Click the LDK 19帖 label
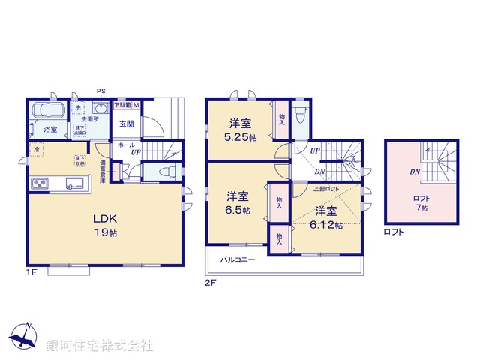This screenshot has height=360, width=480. click(x=105, y=226)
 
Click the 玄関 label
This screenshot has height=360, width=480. click(x=126, y=124)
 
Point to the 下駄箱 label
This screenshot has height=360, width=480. click(x=122, y=104)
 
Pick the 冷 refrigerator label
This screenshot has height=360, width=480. click(x=36, y=150)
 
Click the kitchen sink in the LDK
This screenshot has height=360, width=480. click(x=76, y=183)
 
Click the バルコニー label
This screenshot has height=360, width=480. click(x=238, y=260)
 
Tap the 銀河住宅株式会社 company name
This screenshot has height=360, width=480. click(x=100, y=346)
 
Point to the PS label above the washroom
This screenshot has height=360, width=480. click(x=100, y=91)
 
